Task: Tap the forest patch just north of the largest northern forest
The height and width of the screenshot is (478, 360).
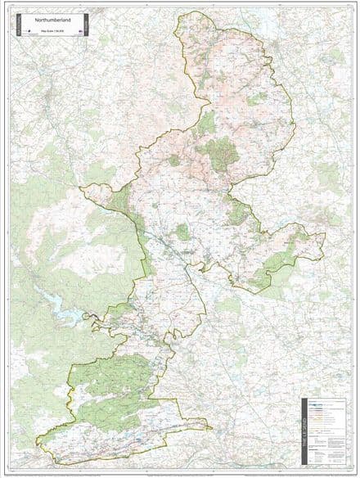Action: tap(207, 123)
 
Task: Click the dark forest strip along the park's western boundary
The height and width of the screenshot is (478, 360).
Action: tap(122, 205)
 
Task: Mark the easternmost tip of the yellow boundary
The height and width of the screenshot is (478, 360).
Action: tap(325, 238)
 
